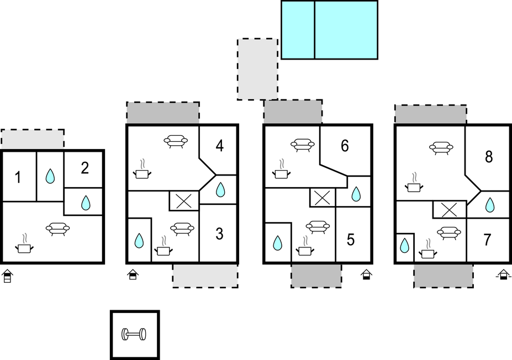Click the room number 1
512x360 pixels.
coord(18,178)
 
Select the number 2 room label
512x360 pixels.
coord(85,168)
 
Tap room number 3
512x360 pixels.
coord(219,234)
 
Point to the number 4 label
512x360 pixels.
coord(220,146)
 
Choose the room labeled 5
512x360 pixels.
coord(350,240)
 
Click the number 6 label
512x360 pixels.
coord(345,146)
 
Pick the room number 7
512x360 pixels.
coord(487,240)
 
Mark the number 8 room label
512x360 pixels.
coord(488,157)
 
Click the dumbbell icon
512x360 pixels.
coord(134,335)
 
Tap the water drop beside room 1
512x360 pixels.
coord(50,176)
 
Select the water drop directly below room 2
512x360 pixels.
coord(86,203)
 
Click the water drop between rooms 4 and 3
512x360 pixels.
coord(220,189)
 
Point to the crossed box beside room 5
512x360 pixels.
coord(323,198)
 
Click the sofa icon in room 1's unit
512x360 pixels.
coord(57,229)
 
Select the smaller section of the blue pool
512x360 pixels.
coord(298,30)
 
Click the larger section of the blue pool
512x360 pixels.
coord(346,30)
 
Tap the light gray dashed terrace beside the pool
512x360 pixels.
coord(257,69)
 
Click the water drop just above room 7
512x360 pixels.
coord(489,205)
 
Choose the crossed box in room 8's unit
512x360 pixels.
coord(449,210)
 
